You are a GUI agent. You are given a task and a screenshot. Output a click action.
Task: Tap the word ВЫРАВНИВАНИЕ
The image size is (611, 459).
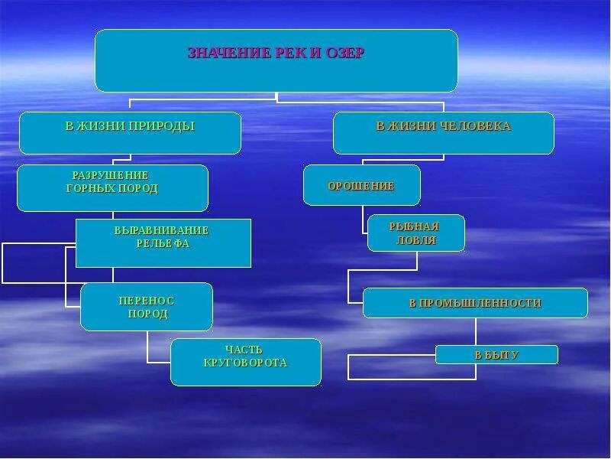(161, 230)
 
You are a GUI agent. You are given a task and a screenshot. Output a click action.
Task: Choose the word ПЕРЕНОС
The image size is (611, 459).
(147, 301)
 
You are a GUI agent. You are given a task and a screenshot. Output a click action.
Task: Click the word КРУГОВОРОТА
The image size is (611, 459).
(246, 363)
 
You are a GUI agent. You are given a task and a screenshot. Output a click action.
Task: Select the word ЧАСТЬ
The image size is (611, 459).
(244, 350)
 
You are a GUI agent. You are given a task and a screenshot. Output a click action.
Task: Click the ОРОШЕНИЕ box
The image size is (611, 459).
(361, 186)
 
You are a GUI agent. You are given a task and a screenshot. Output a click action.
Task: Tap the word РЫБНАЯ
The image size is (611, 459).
(414, 226)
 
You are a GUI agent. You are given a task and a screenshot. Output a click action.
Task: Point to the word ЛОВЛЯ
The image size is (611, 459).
(416, 240)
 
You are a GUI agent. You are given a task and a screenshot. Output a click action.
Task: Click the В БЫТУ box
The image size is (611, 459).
(496, 355)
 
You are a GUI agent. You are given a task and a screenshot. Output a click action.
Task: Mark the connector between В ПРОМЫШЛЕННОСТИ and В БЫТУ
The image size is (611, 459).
(476, 331)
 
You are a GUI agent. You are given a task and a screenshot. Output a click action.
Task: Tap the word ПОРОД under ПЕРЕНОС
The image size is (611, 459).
(147, 314)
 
